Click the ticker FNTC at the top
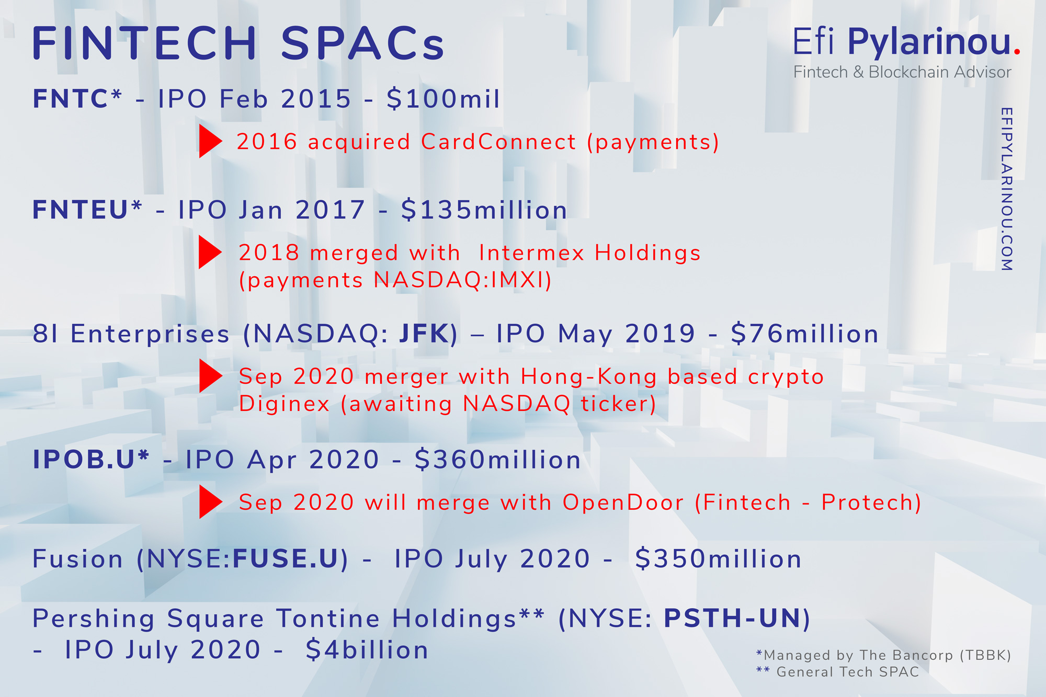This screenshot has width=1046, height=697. coord(71,99)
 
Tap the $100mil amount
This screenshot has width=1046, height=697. coord(444,99)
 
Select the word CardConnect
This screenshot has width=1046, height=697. coord(498,142)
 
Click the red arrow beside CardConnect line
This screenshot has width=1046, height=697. coord(211,141)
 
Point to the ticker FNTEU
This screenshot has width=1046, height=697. coord(80,210)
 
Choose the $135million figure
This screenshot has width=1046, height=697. coord(484,210)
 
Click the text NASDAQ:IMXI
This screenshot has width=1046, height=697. coord(459,280)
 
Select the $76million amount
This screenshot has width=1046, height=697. coord(804,334)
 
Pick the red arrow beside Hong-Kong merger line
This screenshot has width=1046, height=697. coord(211,376)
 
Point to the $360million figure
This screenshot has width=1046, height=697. coord(497,460)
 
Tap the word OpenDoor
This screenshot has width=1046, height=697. coord(623,502)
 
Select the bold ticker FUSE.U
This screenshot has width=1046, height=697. coord(286,558)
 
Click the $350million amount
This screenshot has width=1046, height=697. coord(718,558)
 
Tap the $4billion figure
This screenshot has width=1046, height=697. coord(367,649)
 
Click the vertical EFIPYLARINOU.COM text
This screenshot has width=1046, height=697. coord(1006,189)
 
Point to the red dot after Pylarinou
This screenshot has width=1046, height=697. coord(1017,51)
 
